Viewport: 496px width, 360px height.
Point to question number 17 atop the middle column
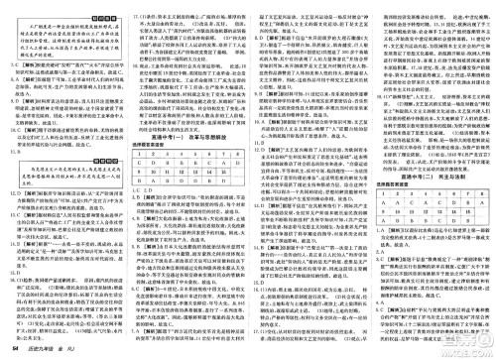(174, 7)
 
